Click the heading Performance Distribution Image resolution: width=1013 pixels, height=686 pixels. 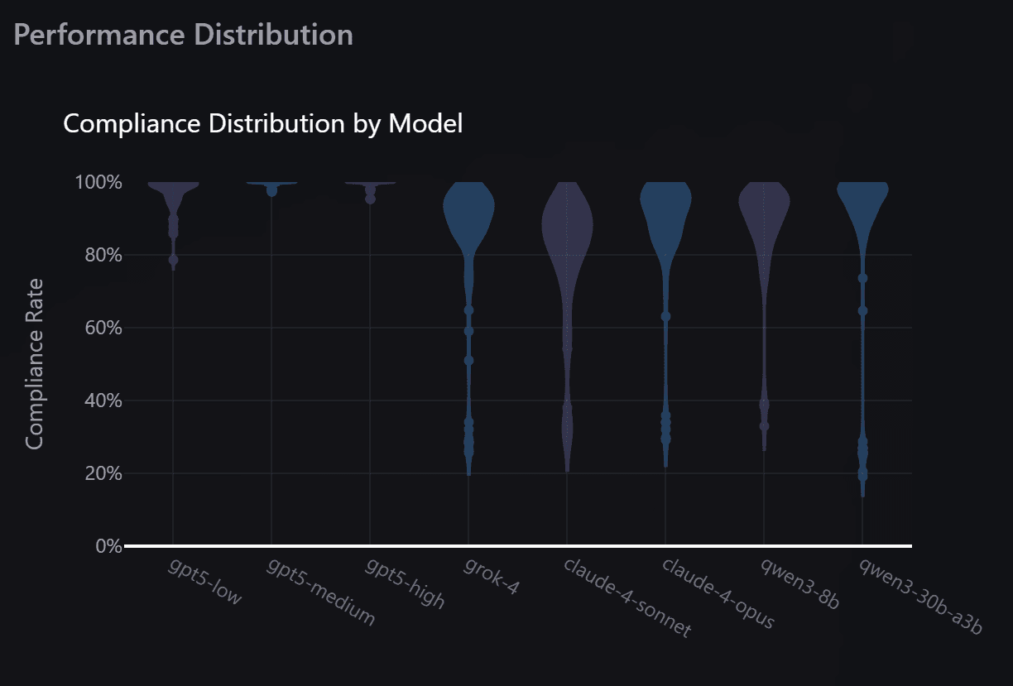point(184,35)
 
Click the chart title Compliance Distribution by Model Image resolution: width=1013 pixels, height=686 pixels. point(262,124)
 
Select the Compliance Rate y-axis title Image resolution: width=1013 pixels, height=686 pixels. point(34,364)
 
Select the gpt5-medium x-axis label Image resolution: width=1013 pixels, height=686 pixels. point(320,592)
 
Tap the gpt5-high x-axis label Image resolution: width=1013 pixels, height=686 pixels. point(405,583)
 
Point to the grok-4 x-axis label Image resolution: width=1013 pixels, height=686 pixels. point(492,577)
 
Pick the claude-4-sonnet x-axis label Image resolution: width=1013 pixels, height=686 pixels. point(627,597)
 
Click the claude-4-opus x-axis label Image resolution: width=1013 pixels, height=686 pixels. point(718,592)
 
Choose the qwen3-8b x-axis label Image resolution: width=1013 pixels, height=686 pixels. point(800,583)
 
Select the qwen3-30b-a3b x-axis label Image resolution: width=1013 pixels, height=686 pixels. point(919,596)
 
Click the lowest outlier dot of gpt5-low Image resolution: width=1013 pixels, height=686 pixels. point(173,260)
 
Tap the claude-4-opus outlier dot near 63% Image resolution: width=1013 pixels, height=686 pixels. point(665,317)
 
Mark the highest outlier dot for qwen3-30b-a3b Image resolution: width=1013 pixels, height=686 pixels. point(862,279)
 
